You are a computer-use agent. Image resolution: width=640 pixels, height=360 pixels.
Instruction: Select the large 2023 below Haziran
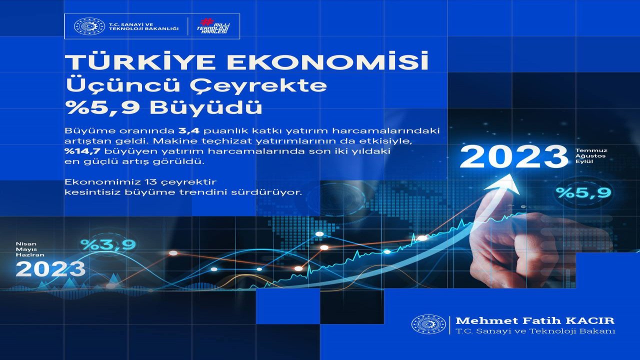(50, 269)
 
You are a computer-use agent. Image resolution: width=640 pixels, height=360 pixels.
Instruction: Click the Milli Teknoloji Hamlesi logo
(213, 26)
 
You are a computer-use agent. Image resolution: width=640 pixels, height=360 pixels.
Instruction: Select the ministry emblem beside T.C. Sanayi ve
(89, 26)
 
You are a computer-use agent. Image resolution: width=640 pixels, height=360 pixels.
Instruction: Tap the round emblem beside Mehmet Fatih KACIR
(428, 324)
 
